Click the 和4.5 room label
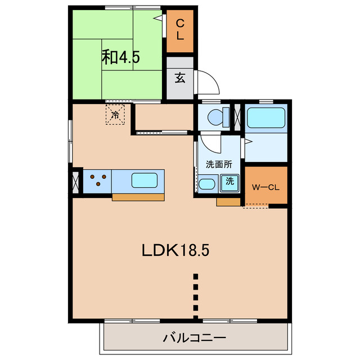pyautogui.click(x=120, y=57)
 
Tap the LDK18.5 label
pyautogui.click(x=175, y=250)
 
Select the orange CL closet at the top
pyautogui.click(x=180, y=31)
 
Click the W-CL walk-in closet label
pyautogui.click(x=265, y=187)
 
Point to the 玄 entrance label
pyautogui.click(x=180, y=78)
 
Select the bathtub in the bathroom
pyautogui.click(x=266, y=118)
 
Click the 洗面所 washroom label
pyautogui.click(x=219, y=164)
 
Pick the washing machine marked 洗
pyautogui.click(x=229, y=183)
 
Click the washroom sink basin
pyautogui.click(x=206, y=184)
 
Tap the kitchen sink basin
pyautogui.click(x=145, y=180)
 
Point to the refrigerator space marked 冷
pyautogui.click(x=115, y=115)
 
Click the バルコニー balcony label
pyautogui.click(x=195, y=337)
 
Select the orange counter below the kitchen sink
pyautogui.click(x=138, y=197)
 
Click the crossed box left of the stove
pyautogui.click(x=75, y=182)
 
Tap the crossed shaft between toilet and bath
pyautogui.click(x=237, y=118)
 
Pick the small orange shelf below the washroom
pyautogui.click(x=228, y=202)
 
